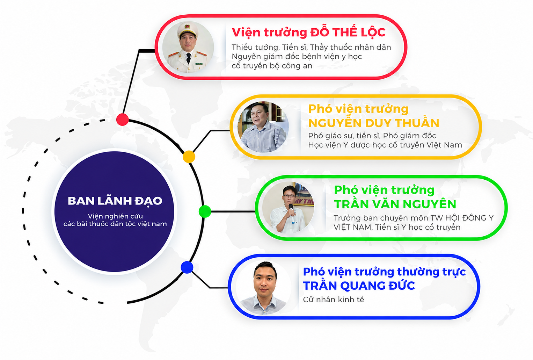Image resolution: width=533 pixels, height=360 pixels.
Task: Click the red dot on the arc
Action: click(x=122, y=119)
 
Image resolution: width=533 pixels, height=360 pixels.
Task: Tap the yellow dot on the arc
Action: click(x=189, y=157)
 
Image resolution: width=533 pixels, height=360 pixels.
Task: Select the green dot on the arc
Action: click(x=205, y=211)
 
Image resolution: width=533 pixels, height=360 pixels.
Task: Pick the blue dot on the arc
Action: click(x=187, y=267)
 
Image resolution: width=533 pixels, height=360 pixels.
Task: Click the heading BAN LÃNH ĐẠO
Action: click(x=115, y=201)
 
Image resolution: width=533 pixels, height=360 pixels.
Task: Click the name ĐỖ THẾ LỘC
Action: click(x=348, y=33)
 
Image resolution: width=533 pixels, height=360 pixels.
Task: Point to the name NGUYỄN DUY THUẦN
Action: click(x=374, y=123)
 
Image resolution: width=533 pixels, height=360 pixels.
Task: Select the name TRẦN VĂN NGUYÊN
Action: click(x=395, y=204)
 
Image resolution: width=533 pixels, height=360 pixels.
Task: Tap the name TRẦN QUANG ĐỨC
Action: click(x=359, y=286)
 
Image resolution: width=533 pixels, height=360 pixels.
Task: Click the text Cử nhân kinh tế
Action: click(x=333, y=299)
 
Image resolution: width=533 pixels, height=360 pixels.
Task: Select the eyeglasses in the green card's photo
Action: click(x=289, y=196)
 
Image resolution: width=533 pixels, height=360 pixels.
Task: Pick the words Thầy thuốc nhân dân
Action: click(x=350, y=47)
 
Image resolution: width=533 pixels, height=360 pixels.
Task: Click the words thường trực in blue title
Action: click(x=431, y=272)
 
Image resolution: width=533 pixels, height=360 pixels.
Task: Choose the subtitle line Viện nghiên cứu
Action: click(x=115, y=216)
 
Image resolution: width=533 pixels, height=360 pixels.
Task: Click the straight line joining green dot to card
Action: click(x=233, y=211)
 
